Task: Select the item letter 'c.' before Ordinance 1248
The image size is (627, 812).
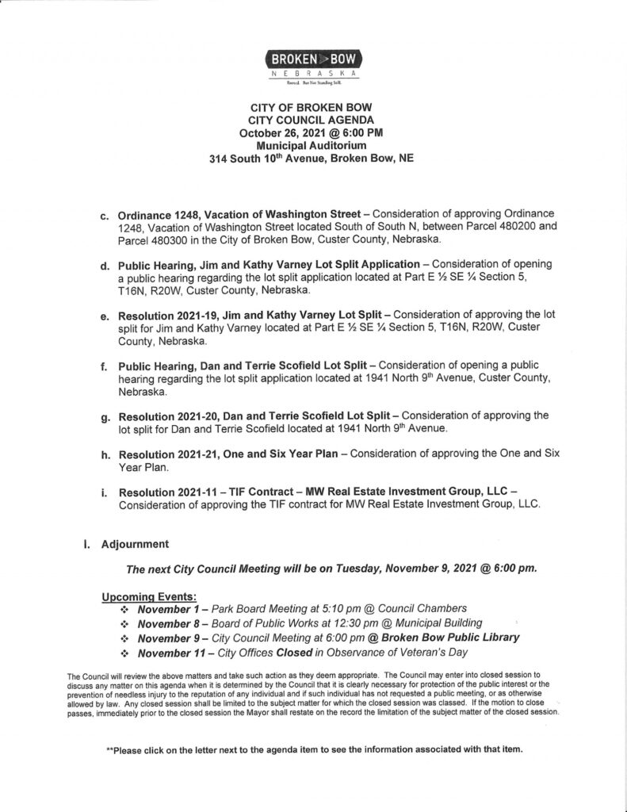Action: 105,216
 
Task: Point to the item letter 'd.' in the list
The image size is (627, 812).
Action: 105,265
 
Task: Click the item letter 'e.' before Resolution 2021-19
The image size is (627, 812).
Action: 105,317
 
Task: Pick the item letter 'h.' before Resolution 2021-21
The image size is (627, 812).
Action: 105,455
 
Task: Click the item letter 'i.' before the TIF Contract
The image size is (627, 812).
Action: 105,493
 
